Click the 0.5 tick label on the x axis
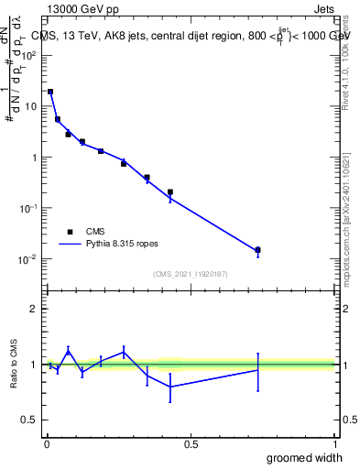pyautogui.click(x=191, y=444)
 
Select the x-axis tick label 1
pyautogui.click(x=335, y=444)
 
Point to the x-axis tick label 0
pyautogui.click(x=47, y=444)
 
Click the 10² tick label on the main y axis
pyautogui.click(x=27, y=55)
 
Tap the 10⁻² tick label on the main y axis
pyautogui.click(x=27, y=259)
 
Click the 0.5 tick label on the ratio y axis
pyautogui.click(x=29, y=420)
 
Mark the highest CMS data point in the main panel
pyautogui.click(x=50, y=92)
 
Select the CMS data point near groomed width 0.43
pyautogui.click(x=170, y=192)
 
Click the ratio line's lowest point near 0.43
pyautogui.click(x=170, y=387)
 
